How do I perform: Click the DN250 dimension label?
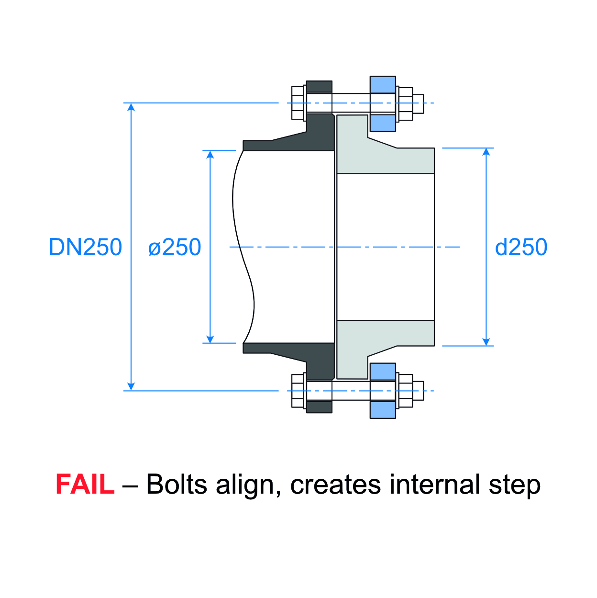coord(86,247)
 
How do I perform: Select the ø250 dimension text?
coord(175,247)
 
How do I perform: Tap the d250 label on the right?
coord(521,247)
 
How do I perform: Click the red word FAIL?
coord(85,484)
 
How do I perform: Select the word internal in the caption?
coord(434,484)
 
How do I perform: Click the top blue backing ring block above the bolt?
coord(383,85)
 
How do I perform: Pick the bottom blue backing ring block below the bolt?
coord(383,409)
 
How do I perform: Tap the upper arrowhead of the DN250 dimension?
coord(131,107)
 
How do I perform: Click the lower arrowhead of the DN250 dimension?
coord(131,386)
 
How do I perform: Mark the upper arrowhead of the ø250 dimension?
coord(210,155)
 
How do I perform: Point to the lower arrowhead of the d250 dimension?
coord(486,342)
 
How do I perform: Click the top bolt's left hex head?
coord(298,103)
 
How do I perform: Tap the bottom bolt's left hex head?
coord(298,391)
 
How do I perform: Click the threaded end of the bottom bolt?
coord(418,391)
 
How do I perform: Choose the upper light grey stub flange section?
coord(383,156)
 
